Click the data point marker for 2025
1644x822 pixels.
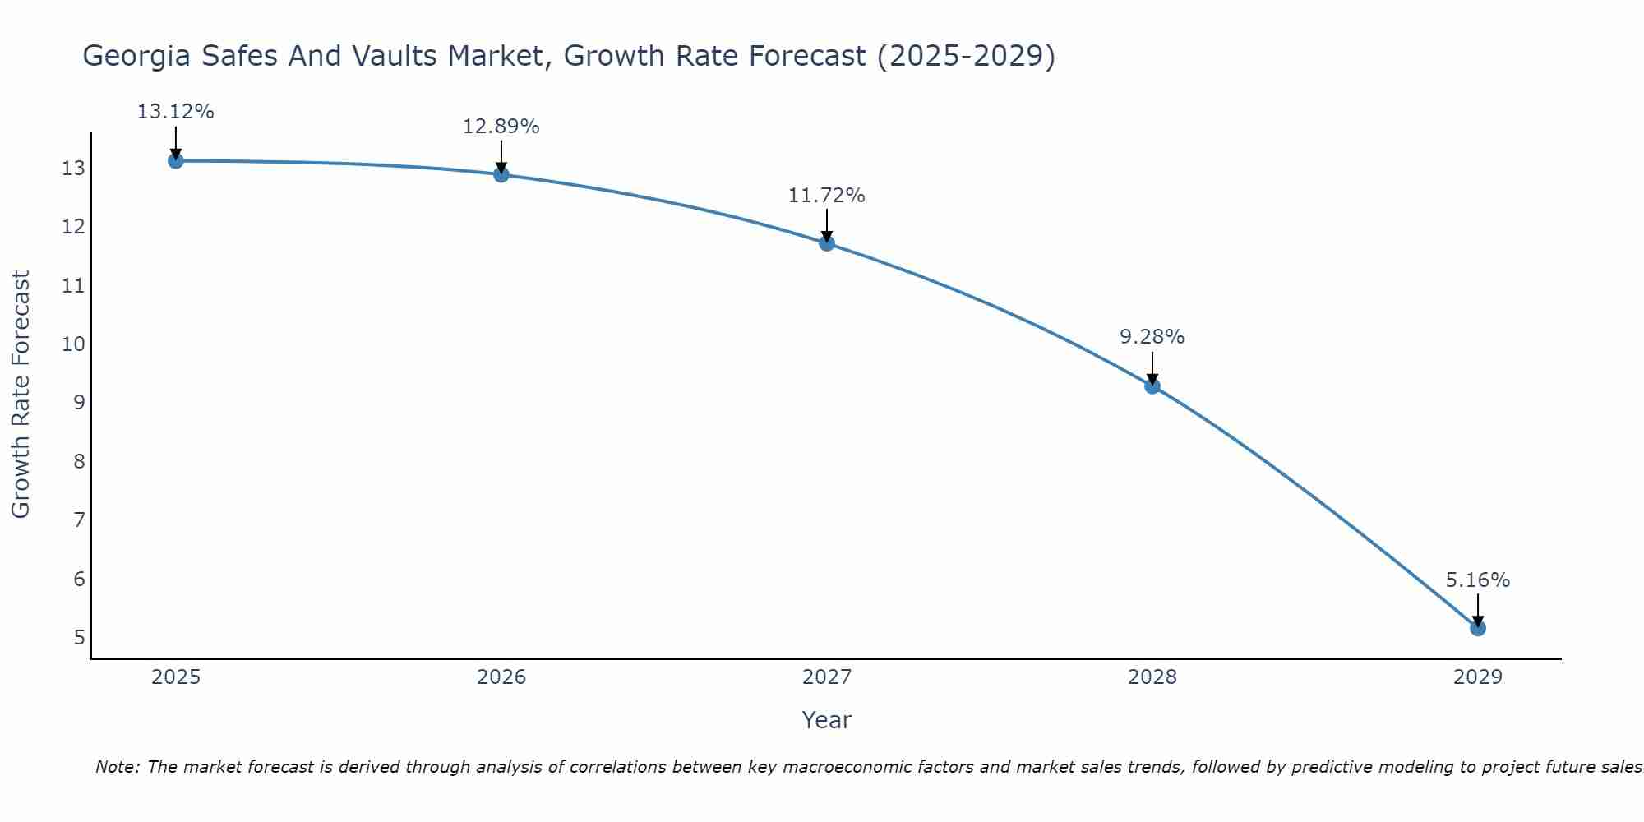point(175,160)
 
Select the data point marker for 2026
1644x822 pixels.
point(501,174)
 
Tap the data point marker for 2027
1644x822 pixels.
point(827,242)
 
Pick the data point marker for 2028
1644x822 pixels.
point(1152,386)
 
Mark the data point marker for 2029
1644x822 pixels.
point(1478,628)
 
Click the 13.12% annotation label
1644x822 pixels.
point(175,112)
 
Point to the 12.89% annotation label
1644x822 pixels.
point(501,127)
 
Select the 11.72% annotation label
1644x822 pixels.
point(827,196)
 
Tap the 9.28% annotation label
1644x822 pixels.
point(1152,337)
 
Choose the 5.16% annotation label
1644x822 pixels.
point(1478,580)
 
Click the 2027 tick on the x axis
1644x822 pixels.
point(827,677)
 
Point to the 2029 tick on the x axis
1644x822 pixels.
point(1478,677)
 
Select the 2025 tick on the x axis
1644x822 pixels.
point(176,677)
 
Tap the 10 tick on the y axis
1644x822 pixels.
point(74,344)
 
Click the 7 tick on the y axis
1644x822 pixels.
point(79,520)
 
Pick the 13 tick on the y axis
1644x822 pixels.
point(74,169)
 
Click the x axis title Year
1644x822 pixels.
point(827,720)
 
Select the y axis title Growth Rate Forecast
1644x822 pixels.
point(21,395)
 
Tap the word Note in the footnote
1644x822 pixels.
point(117,767)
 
